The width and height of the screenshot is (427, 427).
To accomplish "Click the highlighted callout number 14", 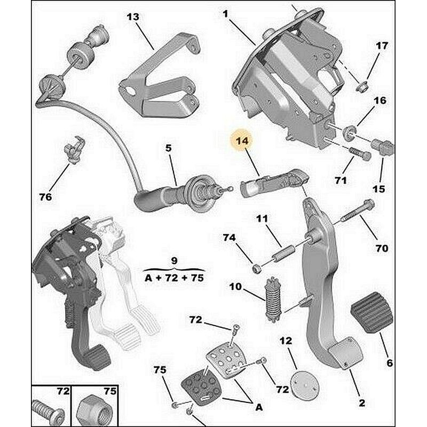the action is click(242, 141).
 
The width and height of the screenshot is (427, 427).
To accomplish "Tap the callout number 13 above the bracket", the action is click(133, 17).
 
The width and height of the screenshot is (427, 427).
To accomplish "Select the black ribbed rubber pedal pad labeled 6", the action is click(371, 312).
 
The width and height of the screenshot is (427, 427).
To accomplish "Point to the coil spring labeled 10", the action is click(273, 299).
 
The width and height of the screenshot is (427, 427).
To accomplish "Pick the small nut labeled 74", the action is click(257, 269).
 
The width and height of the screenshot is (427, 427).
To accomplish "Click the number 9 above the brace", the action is click(175, 260).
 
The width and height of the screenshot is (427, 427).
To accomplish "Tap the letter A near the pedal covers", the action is click(259, 407).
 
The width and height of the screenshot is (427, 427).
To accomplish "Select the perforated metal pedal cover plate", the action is click(226, 358).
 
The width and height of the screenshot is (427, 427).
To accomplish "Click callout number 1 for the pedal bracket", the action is click(225, 14).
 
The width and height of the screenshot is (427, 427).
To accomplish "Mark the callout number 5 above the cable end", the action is click(169, 148).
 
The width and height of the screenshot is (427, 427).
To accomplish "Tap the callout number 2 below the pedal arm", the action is click(362, 403).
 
